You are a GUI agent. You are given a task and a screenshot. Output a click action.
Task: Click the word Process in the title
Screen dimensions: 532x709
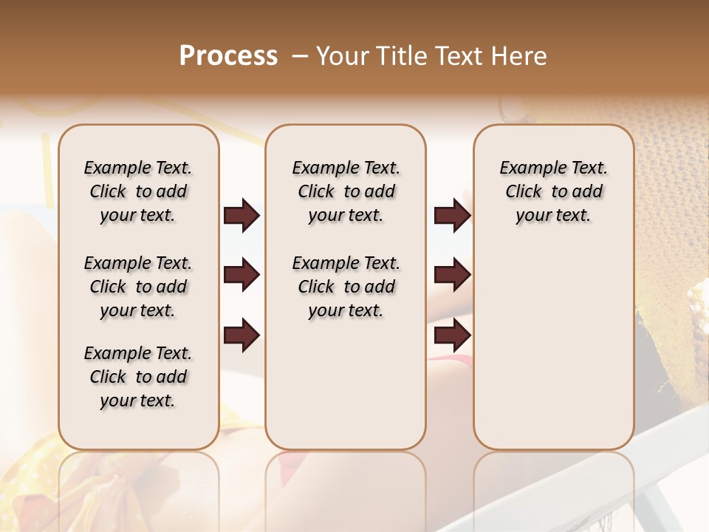click(228, 56)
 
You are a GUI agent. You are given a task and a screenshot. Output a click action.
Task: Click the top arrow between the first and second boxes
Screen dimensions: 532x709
click(242, 216)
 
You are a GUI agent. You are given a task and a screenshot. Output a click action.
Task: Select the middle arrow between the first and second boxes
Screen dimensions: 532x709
click(242, 276)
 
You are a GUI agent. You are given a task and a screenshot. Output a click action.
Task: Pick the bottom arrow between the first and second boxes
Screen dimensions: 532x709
click(242, 335)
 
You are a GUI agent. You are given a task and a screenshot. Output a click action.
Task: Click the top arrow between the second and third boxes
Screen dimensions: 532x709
click(452, 216)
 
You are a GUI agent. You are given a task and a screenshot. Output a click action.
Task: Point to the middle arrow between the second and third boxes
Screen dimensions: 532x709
click(452, 276)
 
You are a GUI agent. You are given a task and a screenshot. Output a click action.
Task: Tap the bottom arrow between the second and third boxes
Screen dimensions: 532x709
click(452, 335)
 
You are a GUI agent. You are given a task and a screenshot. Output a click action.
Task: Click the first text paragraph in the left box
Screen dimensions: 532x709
click(138, 191)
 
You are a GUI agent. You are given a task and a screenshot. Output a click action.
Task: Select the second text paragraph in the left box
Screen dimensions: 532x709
click(138, 287)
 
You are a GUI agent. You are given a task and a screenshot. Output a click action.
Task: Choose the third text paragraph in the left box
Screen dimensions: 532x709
click(138, 377)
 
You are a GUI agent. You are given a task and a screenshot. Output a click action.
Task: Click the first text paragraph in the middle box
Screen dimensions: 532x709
click(346, 191)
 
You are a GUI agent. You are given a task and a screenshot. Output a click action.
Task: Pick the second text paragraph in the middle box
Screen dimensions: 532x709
click(346, 287)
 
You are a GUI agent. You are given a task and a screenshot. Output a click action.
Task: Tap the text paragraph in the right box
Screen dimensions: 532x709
click(553, 191)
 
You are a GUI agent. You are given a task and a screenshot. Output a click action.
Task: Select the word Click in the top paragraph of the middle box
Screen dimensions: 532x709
click(316, 192)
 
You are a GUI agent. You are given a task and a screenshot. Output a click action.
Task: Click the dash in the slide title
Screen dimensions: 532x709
click(299, 56)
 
